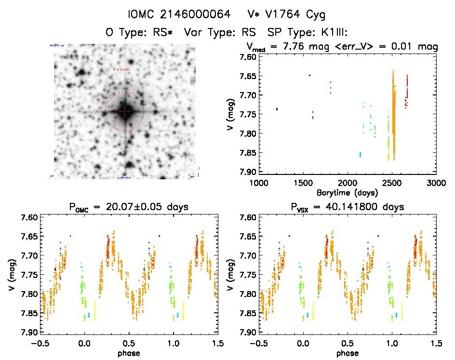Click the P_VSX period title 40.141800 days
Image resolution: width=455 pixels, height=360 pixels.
click(x=347, y=207)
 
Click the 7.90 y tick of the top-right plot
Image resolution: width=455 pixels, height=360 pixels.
click(x=245, y=172)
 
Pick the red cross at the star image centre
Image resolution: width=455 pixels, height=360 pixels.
click(x=125, y=112)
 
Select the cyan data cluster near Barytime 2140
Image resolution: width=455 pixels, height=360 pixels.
click(x=360, y=154)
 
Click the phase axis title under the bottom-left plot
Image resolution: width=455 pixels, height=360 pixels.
click(x=129, y=353)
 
